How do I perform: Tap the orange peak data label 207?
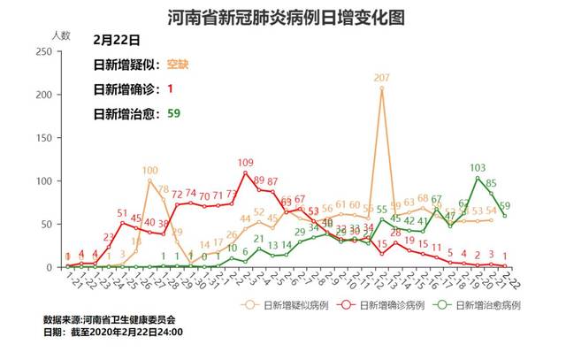(x=382, y=79)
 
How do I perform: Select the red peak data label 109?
(x=246, y=162)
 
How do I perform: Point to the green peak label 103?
(x=478, y=167)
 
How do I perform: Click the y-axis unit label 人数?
(x=60, y=34)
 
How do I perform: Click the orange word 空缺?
(x=178, y=65)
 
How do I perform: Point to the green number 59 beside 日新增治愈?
(x=173, y=113)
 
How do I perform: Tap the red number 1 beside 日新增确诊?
(x=169, y=89)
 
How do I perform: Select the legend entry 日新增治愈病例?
(x=484, y=304)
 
